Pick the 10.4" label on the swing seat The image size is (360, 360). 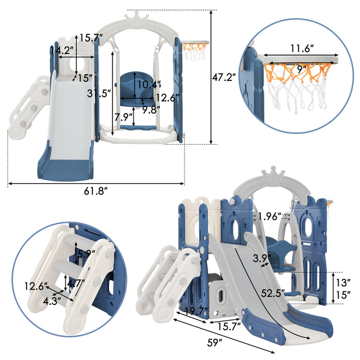(x=147, y=84)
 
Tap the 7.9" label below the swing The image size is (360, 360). (x=123, y=118)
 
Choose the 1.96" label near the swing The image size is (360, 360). (x=271, y=215)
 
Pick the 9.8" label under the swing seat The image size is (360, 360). (x=150, y=110)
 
